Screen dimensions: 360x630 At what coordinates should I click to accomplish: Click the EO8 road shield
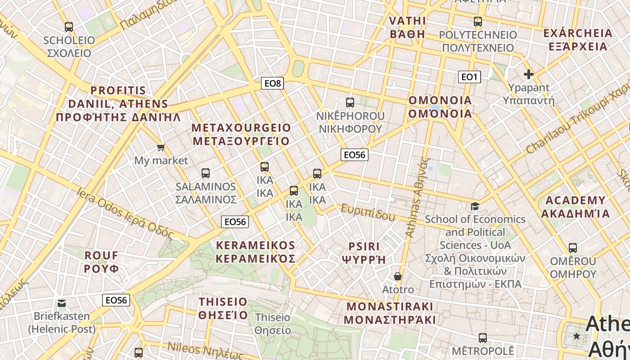(272, 83)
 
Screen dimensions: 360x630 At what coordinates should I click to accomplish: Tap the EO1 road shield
(469, 77)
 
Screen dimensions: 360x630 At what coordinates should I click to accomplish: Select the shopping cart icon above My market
(161, 147)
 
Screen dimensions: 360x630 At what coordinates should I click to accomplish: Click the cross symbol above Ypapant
(529, 74)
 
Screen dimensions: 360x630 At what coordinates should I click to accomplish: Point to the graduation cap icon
(475, 207)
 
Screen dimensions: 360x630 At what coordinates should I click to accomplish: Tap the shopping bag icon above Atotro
(397, 276)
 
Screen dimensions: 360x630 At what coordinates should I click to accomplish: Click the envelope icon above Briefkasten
(62, 303)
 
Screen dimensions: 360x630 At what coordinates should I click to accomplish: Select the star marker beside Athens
(576, 336)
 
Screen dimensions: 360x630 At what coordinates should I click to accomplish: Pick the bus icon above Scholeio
(69, 27)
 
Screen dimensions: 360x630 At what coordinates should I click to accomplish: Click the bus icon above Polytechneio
(478, 21)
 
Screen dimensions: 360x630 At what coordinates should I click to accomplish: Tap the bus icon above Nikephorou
(350, 103)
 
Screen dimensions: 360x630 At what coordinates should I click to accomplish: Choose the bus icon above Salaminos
(206, 173)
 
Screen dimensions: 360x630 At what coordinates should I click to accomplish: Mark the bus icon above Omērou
(573, 248)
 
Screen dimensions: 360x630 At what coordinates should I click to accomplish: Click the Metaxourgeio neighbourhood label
(241, 134)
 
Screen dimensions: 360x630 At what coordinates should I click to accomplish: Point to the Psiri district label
(364, 253)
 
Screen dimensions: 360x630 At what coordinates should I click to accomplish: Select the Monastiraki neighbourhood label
(390, 313)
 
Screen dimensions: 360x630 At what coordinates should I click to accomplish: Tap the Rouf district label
(102, 262)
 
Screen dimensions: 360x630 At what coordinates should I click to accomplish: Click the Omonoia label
(440, 107)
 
